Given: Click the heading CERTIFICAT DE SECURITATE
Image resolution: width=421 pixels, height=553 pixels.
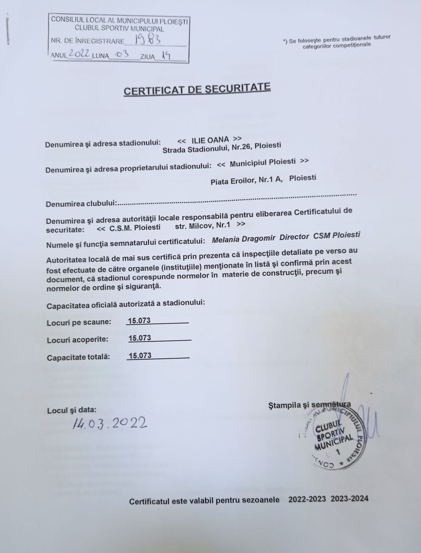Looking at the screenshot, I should pyautogui.click(x=197, y=89).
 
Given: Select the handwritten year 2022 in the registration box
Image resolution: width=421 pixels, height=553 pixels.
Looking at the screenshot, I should pyautogui.click(x=79, y=55).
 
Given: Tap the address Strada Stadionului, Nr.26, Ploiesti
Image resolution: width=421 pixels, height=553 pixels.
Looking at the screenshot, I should pyautogui.click(x=222, y=148).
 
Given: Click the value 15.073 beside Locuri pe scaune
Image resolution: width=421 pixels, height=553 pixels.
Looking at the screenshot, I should pyautogui.click(x=139, y=321).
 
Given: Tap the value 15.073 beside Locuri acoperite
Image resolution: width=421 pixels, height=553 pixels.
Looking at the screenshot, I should pyautogui.click(x=140, y=338).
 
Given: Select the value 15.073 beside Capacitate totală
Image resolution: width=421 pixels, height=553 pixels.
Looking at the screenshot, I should pyautogui.click(x=140, y=356).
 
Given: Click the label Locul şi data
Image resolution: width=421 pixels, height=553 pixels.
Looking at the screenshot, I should pyautogui.click(x=72, y=410).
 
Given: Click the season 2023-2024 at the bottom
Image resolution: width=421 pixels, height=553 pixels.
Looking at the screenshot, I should pyautogui.click(x=349, y=498).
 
